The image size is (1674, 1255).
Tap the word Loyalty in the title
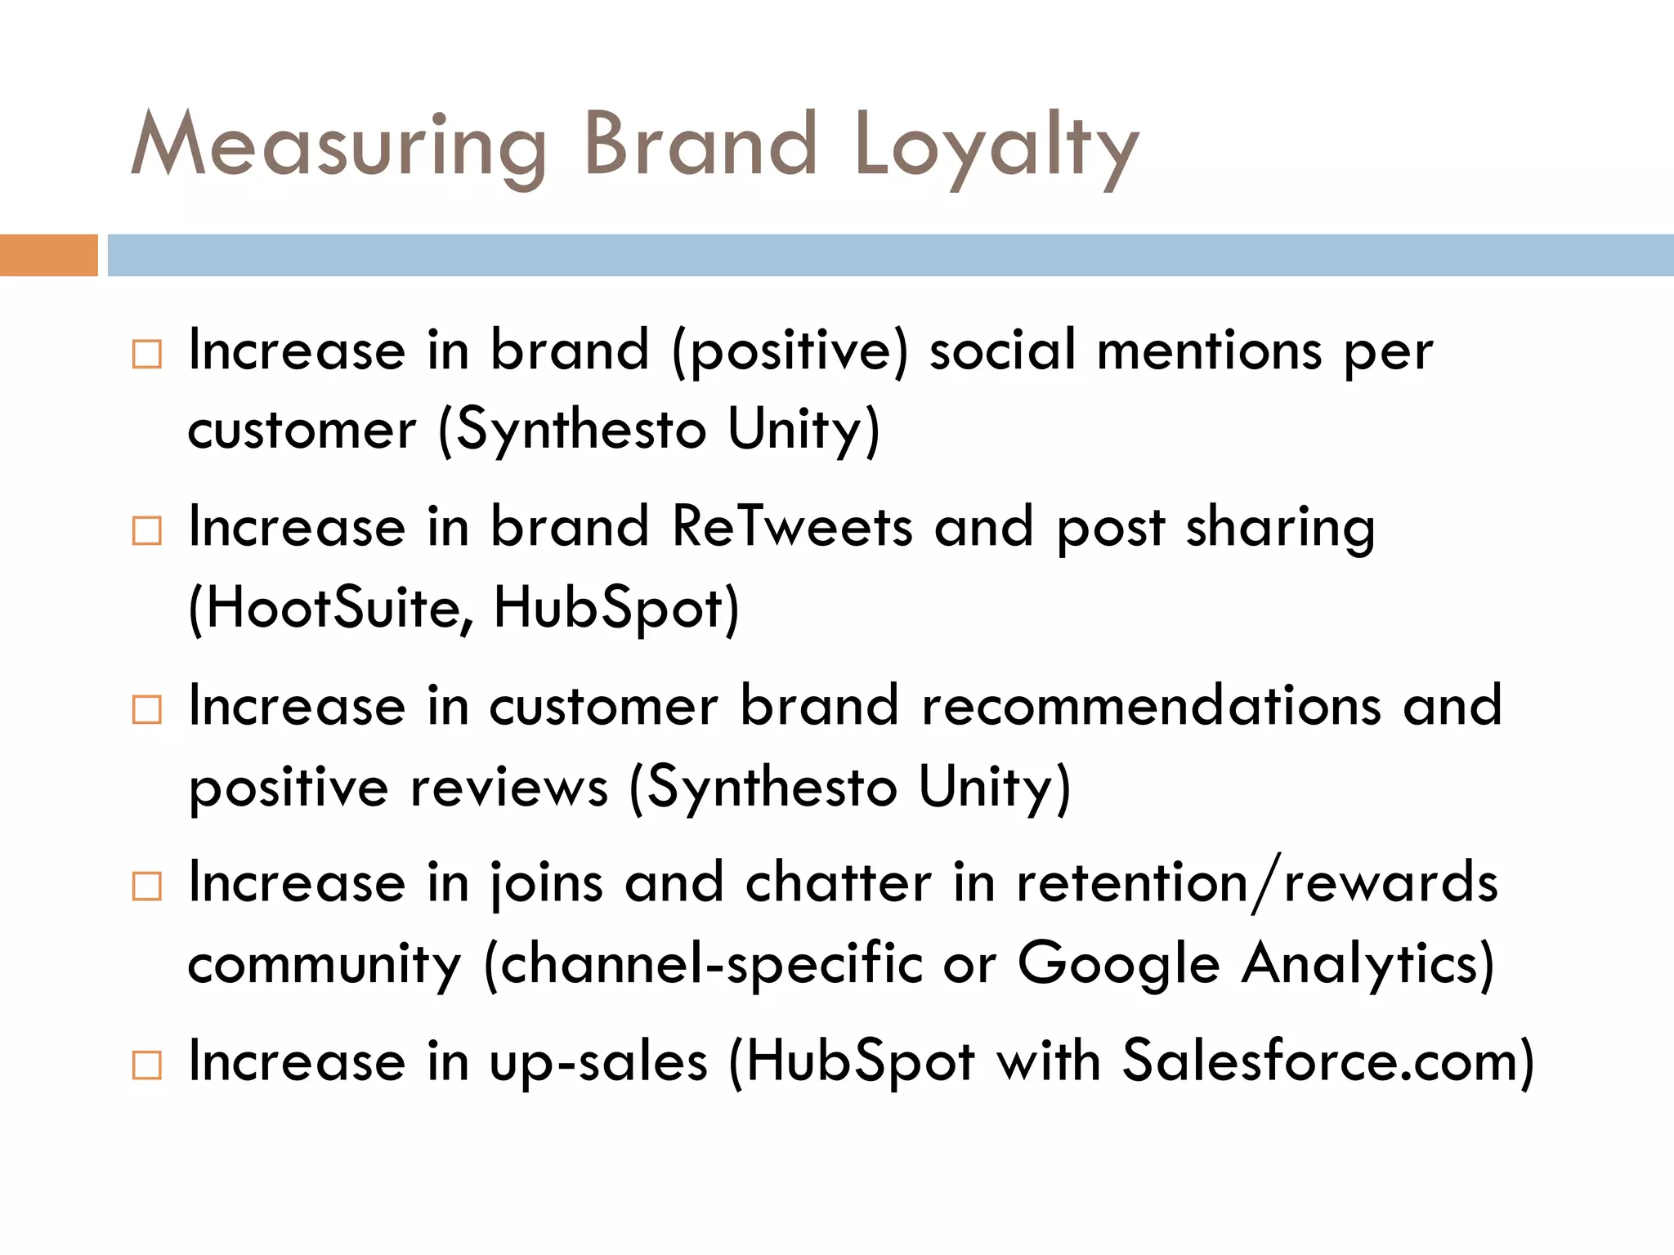coord(996,147)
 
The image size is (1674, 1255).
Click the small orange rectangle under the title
coord(48,255)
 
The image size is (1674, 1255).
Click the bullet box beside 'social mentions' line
coord(147,355)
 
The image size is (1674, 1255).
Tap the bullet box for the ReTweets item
coord(147,531)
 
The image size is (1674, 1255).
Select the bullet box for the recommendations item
coord(147,709)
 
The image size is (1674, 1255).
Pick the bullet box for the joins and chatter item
coord(147,887)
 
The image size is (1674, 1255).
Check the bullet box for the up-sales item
coord(147,1065)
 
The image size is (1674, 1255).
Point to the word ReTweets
coord(791,528)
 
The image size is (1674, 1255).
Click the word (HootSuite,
coord(330,609)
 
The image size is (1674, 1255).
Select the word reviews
coord(509,788)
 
